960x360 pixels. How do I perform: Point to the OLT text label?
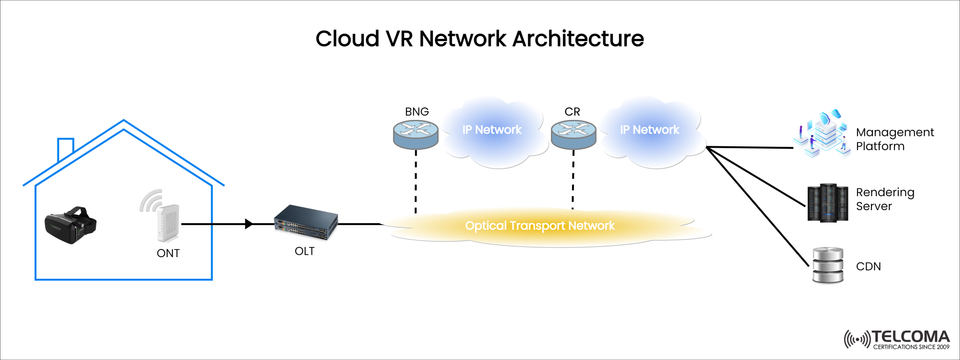coord(304,251)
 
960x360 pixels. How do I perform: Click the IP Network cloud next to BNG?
coord(490,131)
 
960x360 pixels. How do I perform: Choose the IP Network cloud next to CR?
coord(650,130)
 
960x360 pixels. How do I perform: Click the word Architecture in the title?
coord(560,39)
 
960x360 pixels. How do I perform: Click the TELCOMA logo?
coord(895,338)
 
